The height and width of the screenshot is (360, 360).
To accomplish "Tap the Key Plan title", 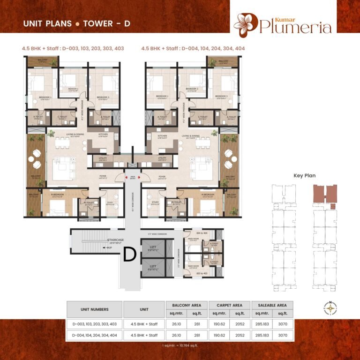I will point(304,176).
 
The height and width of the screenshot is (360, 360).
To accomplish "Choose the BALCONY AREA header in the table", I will point(187,305).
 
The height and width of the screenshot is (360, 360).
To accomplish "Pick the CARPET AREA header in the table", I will point(230,305).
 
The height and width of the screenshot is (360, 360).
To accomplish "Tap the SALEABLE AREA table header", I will point(272,305).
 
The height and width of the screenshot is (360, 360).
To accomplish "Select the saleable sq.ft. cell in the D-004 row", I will point(283,335).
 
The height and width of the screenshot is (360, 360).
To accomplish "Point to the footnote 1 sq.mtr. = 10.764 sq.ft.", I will point(180,345).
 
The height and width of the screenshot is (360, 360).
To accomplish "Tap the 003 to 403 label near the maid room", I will point(202,273).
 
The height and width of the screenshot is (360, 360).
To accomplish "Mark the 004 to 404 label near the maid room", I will point(202,232).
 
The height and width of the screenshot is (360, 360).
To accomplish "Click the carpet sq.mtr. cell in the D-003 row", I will point(219,323).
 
